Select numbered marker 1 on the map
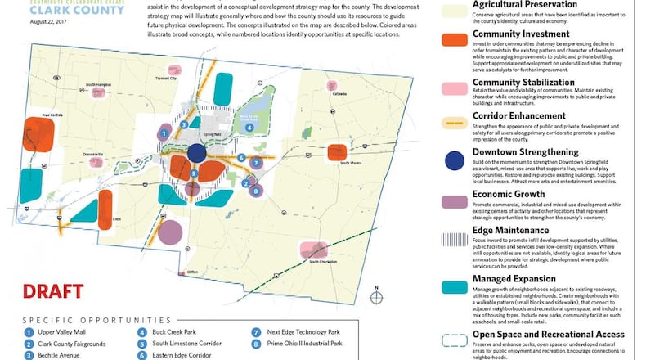[164, 133]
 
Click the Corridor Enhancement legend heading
[521, 115]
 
